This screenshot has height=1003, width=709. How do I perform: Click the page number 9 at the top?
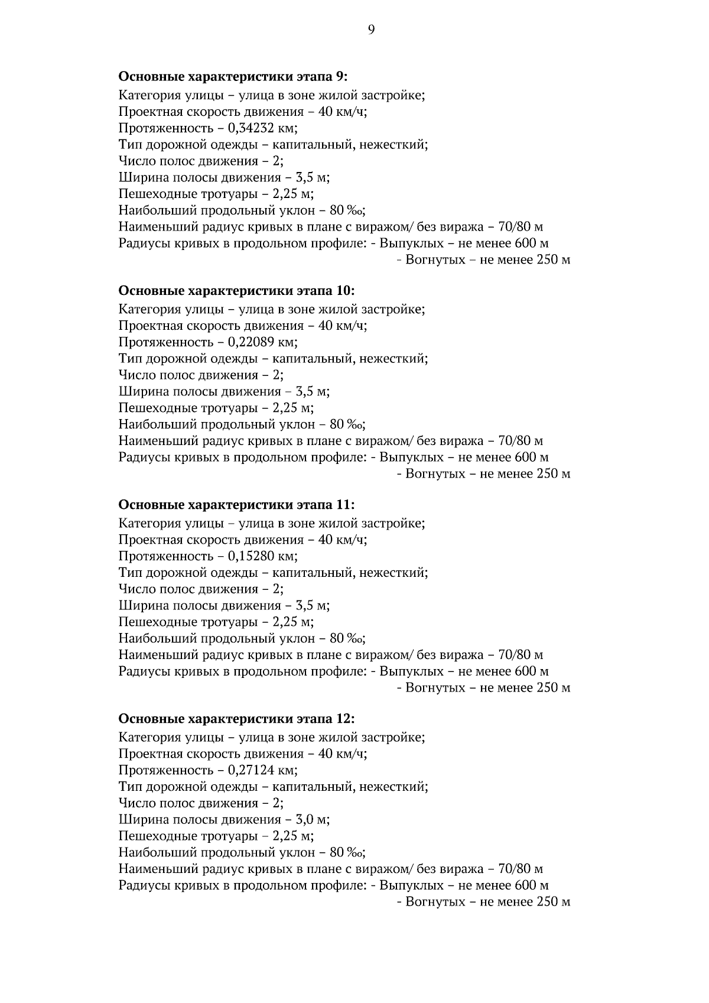pos(371,30)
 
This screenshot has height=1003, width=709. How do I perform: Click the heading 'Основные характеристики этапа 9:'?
pos(233,76)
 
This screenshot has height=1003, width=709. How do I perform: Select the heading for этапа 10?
pos(236,290)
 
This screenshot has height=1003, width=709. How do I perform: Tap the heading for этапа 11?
pos(236,505)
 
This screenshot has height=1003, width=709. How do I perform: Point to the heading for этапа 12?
pos(236,719)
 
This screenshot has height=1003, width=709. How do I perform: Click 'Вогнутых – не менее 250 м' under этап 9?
pos(483,260)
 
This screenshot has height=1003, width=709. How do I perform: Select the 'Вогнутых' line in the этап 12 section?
pos(483,902)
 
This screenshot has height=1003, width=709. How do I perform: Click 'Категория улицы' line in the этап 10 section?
pos(272,309)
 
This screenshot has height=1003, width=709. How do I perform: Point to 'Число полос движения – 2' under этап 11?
pos(201,589)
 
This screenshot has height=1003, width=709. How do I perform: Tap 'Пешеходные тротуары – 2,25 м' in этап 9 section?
pos(216,194)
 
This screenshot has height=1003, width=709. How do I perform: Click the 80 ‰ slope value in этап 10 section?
pos(347,424)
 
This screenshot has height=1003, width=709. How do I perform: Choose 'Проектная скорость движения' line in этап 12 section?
pos(242,754)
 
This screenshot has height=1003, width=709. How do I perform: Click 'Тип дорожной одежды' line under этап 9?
pos(273,145)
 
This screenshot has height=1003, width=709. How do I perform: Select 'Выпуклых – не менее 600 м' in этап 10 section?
pos(464,457)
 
